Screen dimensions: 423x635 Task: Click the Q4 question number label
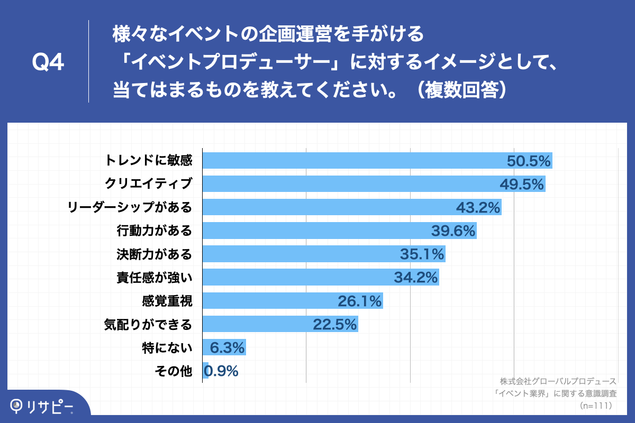(48, 63)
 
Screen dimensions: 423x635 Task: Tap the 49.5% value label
(522, 184)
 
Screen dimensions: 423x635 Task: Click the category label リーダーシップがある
(130, 207)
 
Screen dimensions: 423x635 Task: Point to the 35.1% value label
(422, 254)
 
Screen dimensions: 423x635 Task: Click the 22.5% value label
(335, 324)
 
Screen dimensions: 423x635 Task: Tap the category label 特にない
(167, 348)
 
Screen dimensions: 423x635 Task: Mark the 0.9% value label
(221, 371)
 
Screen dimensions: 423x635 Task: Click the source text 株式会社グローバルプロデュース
(558, 381)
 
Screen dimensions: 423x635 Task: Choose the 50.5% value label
(529, 161)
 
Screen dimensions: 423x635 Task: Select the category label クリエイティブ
(148, 184)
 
